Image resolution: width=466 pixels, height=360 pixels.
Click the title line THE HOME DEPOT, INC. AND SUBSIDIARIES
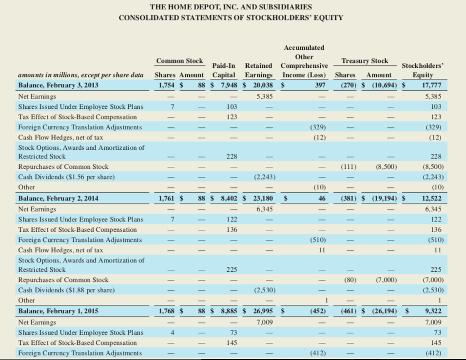click(x=231, y=7)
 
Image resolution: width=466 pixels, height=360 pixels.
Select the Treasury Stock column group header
click(x=365, y=61)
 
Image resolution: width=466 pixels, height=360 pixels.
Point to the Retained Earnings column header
click(x=258, y=70)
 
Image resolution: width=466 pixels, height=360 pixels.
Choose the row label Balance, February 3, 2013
click(x=58, y=85)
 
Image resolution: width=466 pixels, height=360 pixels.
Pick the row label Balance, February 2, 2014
click(x=58, y=199)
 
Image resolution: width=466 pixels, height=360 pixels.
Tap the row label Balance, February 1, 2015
click(x=58, y=311)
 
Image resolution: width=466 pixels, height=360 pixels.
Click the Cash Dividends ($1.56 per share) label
click(x=66, y=177)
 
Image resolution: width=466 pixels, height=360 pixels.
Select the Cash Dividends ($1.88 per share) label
click(x=66, y=290)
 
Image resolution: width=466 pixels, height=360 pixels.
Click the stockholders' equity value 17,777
click(x=431, y=85)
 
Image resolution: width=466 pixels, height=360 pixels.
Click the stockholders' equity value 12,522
click(x=431, y=199)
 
